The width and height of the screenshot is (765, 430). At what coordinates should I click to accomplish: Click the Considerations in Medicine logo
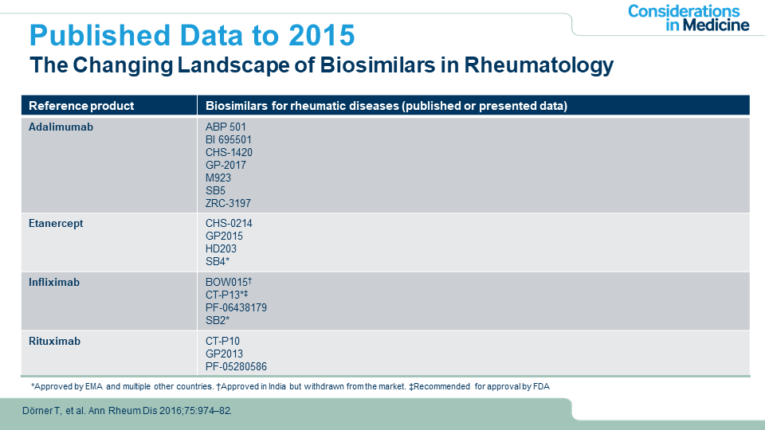688,18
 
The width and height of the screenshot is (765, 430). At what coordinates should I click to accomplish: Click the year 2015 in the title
321,36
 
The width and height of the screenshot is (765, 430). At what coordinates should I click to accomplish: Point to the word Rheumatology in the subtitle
539,65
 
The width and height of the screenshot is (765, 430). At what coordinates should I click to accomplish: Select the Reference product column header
81,106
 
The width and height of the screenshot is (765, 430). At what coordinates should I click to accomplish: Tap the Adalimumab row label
61,127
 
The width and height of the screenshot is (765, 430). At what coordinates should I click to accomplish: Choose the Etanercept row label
56,224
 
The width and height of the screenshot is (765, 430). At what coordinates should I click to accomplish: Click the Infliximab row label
53,282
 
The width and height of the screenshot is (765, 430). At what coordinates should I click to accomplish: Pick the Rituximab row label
54,342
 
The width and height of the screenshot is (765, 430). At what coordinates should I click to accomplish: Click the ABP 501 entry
226,127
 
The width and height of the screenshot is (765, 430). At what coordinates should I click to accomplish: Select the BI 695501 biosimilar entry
229,139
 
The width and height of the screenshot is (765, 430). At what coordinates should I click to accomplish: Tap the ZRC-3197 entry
228,203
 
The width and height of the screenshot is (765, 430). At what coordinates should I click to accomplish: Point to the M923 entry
218,178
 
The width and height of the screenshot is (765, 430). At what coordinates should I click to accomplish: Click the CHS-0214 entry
229,223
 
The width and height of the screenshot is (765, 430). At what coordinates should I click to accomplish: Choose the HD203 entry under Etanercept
221,248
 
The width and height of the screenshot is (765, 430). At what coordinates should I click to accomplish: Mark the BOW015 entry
229,282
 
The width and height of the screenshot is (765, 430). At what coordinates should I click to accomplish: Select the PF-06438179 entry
236,307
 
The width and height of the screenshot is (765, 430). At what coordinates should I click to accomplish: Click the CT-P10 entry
222,342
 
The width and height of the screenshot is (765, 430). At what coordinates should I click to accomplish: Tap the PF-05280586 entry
236,366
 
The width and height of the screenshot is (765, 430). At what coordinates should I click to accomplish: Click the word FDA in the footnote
542,387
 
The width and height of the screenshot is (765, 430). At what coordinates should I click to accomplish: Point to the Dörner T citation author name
41,411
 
